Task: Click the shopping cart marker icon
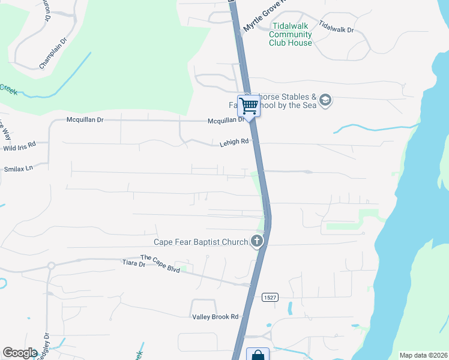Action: [x=249, y=106]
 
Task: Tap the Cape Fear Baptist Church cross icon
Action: [x=257, y=241]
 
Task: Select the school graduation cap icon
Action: [x=325, y=100]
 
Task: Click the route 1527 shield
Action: [x=270, y=297]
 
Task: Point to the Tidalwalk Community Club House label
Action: [x=291, y=34]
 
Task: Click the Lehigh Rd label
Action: [x=234, y=142]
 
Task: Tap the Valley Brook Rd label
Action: [x=215, y=317]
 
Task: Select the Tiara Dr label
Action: [x=134, y=263]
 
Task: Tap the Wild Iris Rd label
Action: [x=20, y=145]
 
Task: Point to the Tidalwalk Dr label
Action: [x=336, y=26]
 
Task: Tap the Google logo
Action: [x=20, y=353]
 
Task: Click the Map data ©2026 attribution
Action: [x=423, y=355]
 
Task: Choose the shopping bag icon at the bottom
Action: [x=258, y=355]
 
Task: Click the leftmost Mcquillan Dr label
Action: [x=85, y=120]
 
